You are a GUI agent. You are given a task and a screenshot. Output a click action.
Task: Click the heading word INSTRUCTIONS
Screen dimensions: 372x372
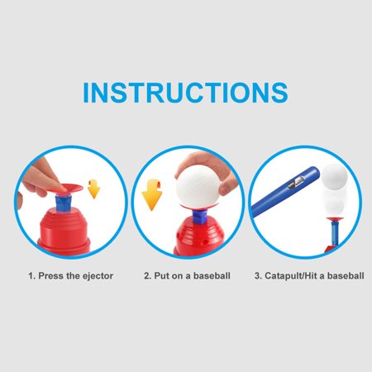(185, 92)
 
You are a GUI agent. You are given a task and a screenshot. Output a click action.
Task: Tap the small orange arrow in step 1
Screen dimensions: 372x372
(93, 192)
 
